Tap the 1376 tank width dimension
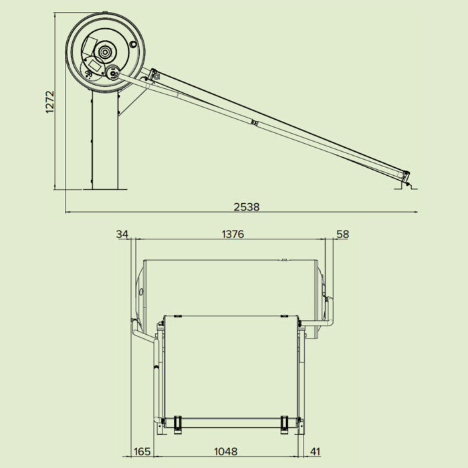click(x=231, y=234)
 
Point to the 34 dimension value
click(x=122, y=234)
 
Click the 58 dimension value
click(x=342, y=234)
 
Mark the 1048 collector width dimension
click(x=225, y=451)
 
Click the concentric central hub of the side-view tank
click(x=104, y=52)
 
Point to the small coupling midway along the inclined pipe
click(x=254, y=122)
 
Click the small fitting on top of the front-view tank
click(x=284, y=259)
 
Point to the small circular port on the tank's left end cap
click(x=141, y=292)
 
